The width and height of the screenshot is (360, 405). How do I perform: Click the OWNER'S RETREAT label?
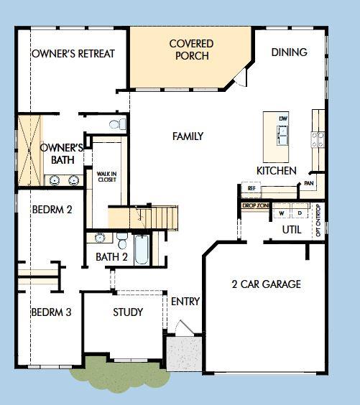click(x=73, y=54)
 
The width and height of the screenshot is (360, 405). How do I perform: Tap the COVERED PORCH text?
click(x=191, y=50)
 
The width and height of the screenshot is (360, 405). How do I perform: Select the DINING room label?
click(x=290, y=52)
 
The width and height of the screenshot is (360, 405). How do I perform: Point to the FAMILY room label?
click(x=188, y=136)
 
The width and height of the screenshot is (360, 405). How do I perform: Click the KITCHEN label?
click(x=277, y=171)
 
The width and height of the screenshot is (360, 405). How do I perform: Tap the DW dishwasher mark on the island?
click(x=284, y=117)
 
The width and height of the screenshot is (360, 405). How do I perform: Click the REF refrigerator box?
click(x=251, y=188)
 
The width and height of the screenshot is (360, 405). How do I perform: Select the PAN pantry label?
click(x=309, y=184)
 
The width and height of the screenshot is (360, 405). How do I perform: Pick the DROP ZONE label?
click(x=255, y=206)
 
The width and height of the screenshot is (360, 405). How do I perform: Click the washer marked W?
click(x=282, y=213)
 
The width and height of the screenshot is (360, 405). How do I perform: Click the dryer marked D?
click(x=299, y=213)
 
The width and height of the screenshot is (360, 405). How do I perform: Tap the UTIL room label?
click(x=292, y=230)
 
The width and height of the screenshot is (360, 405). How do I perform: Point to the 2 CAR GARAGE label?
click(x=266, y=284)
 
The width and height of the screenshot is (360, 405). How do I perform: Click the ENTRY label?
click(x=185, y=302)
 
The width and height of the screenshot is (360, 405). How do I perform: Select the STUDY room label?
click(x=128, y=312)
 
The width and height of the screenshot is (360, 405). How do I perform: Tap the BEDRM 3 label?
click(x=51, y=313)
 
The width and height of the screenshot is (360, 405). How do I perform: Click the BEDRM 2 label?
click(x=52, y=210)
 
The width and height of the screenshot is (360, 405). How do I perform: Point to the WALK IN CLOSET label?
click(x=106, y=176)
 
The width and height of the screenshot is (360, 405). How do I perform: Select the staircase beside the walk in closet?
click(x=144, y=215)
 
